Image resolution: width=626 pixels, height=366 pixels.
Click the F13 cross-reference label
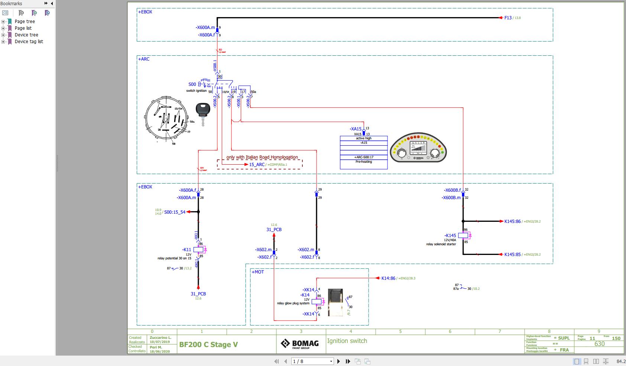point(508,17)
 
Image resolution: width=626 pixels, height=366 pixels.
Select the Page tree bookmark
point(25,22)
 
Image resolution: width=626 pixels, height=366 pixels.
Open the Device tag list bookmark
point(29,42)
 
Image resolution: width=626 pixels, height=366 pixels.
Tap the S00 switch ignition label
point(192,84)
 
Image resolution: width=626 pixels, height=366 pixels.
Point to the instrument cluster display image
point(418,148)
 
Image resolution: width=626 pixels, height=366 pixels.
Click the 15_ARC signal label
point(257,165)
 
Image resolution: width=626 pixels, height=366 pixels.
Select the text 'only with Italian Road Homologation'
point(262,157)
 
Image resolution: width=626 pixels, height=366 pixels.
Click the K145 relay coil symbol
point(463,236)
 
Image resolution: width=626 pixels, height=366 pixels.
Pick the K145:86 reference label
point(512,221)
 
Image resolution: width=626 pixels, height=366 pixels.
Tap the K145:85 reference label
point(512,255)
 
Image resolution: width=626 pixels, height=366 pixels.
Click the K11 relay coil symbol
point(198,250)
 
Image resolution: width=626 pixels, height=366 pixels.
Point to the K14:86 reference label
point(388,278)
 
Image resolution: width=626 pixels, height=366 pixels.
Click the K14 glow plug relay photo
point(335,302)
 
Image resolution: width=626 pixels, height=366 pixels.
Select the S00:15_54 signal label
point(175,212)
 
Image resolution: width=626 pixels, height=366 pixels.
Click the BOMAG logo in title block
point(300,344)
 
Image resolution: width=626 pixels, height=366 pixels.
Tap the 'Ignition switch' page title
point(347,341)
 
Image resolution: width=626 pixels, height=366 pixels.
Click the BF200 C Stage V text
point(208,344)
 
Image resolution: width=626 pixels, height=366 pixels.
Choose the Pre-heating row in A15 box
point(363,162)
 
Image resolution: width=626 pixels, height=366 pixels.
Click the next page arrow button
point(338,361)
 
